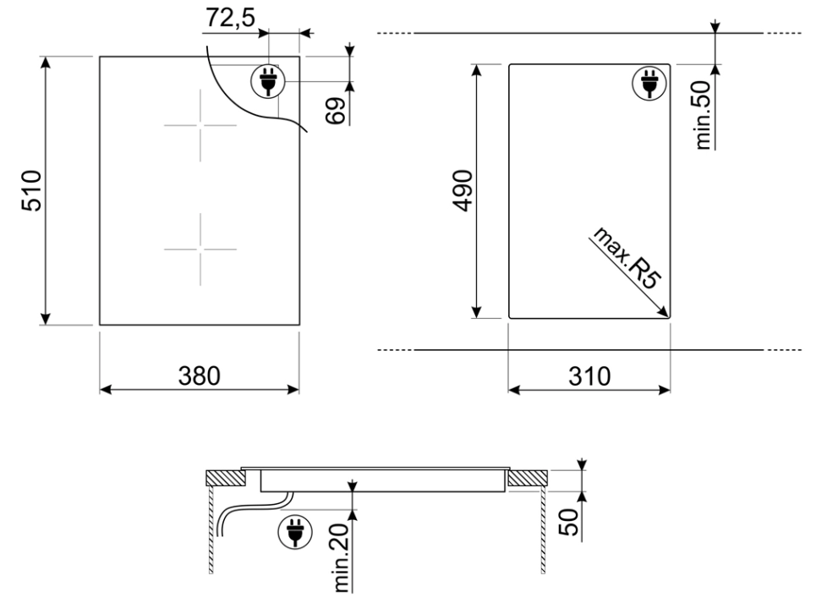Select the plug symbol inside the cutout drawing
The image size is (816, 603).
(x=649, y=83)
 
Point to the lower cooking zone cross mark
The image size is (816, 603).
(x=200, y=249)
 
